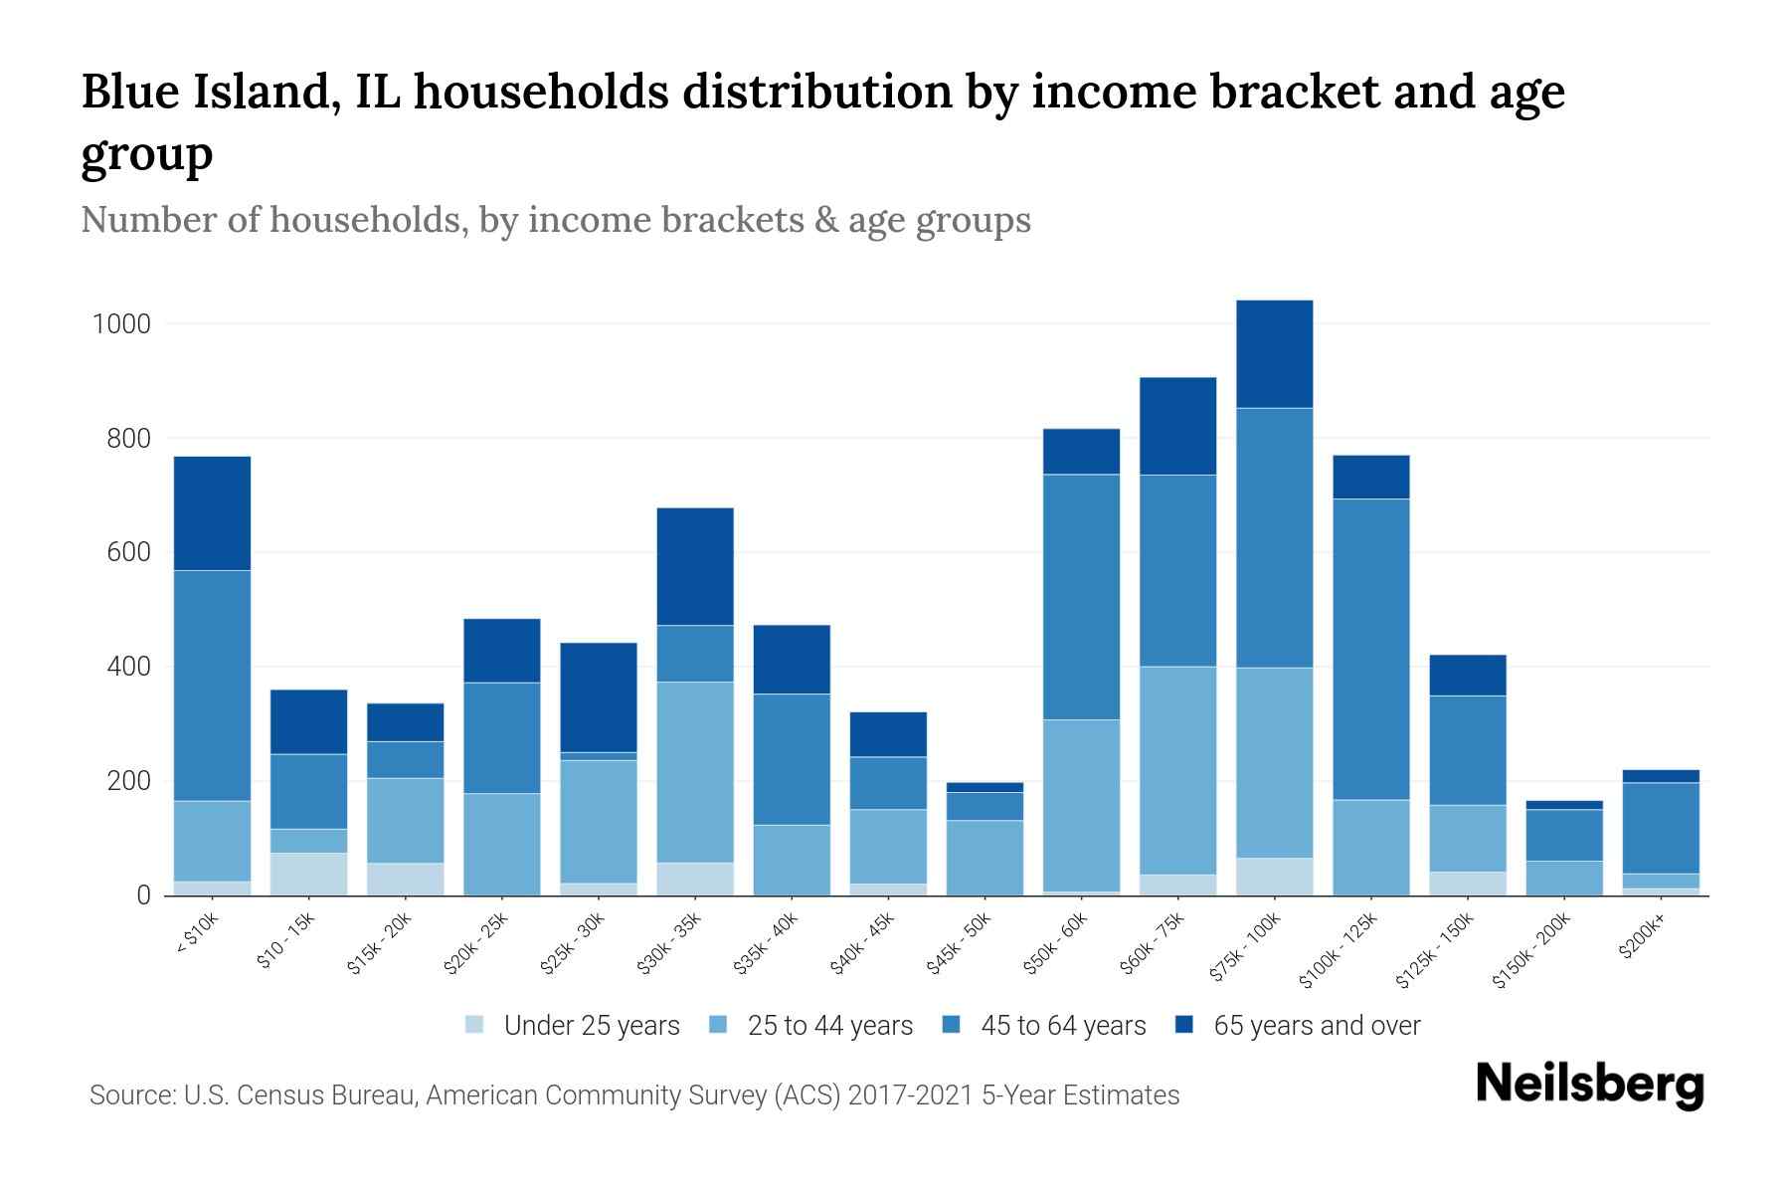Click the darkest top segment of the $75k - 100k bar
point(1274,354)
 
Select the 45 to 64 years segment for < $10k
point(212,686)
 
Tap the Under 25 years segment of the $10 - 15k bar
point(308,874)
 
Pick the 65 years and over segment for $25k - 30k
point(599,697)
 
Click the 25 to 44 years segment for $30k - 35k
point(695,772)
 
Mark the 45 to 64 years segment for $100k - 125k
point(1370,649)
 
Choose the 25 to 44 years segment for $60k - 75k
point(1177,770)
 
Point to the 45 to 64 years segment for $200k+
point(1661,828)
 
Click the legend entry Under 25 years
point(591,1026)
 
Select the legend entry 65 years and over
point(1317,1026)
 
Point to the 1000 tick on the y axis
point(120,324)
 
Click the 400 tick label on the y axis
point(129,667)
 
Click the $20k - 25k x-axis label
point(477,944)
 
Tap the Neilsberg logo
point(1589,1085)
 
